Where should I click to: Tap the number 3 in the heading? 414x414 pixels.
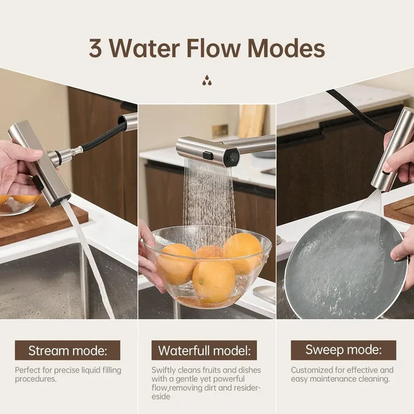point(95,49)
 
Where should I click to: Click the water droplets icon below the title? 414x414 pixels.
point(206,80)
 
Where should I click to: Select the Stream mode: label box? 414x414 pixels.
point(67,350)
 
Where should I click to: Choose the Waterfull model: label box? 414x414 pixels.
point(204,350)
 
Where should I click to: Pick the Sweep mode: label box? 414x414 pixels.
point(343,350)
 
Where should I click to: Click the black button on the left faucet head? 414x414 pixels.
point(37,183)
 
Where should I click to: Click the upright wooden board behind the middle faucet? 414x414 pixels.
point(252,121)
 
